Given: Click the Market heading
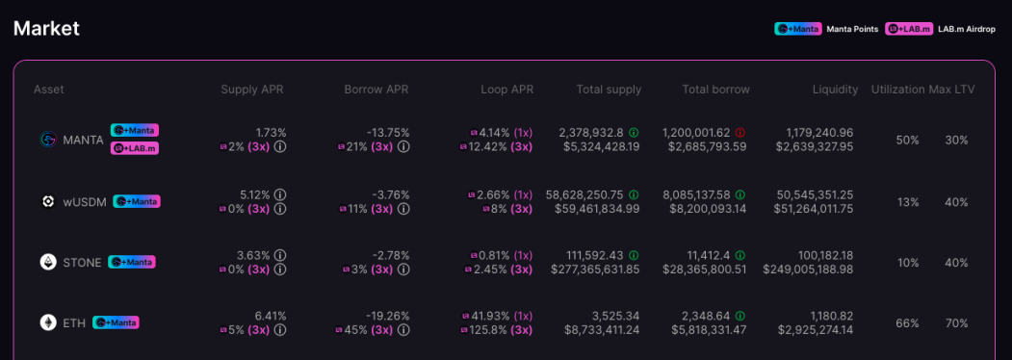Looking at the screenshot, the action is (46, 28).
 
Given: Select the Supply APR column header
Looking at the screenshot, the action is (251, 90).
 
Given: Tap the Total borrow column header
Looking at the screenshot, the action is (715, 90).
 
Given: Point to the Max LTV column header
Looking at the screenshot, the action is (951, 90).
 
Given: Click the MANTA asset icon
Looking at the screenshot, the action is (48, 140).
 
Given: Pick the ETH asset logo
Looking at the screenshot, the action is (48, 322).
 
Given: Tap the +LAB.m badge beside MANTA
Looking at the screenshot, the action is (134, 147).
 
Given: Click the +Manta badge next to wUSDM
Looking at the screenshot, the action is (137, 201).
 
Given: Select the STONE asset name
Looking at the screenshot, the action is (82, 263).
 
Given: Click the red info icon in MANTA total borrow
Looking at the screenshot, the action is (740, 132).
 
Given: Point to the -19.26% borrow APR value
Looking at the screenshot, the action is (387, 316).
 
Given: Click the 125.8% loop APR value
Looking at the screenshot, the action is (489, 330).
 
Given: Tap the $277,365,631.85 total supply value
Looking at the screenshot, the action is (595, 270).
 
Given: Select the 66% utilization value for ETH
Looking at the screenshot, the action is (907, 323).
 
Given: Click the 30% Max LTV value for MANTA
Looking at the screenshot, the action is (956, 140).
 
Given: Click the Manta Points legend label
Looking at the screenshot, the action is (852, 29).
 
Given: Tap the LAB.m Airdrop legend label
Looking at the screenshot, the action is (966, 29).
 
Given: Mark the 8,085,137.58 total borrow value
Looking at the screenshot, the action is (696, 194).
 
